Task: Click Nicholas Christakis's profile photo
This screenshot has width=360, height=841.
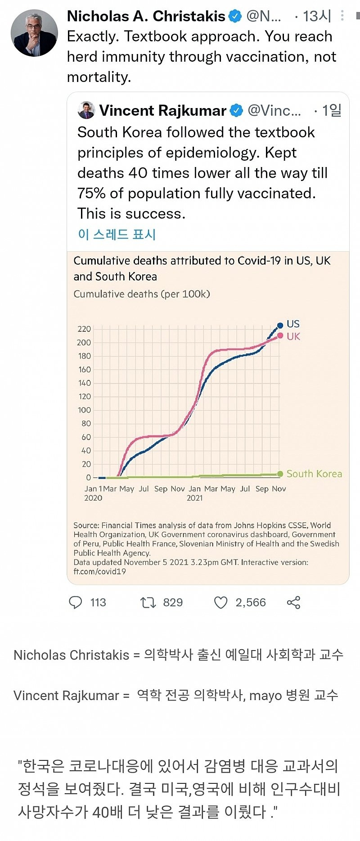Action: click(34, 33)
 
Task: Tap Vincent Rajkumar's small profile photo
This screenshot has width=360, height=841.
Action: click(86, 110)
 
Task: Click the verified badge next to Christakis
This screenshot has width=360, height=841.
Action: click(235, 17)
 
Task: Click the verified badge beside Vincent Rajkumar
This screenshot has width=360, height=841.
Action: click(236, 110)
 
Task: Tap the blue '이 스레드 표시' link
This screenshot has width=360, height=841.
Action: click(117, 234)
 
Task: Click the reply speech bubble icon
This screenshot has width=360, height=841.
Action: click(75, 602)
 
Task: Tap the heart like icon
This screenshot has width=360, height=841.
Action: click(220, 602)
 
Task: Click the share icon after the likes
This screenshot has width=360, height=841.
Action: click(293, 602)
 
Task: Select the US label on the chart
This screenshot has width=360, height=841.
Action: click(293, 324)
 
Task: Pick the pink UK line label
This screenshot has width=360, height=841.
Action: click(293, 336)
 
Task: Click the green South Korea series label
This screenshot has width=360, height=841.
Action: click(314, 474)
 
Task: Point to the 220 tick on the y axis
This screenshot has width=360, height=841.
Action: click(84, 329)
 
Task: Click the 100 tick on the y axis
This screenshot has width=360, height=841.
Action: click(84, 410)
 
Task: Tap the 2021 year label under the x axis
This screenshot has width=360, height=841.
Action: click(194, 498)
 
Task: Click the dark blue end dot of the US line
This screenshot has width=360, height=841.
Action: click(280, 325)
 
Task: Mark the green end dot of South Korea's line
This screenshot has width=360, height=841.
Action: click(280, 474)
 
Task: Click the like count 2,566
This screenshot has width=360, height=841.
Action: click(251, 602)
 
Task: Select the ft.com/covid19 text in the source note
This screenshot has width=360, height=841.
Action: click(99, 571)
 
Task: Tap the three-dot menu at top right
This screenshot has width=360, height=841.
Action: click(342, 16)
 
